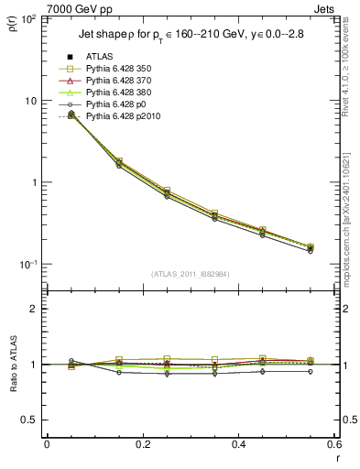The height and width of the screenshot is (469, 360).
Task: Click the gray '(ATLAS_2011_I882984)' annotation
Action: (191, 274)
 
